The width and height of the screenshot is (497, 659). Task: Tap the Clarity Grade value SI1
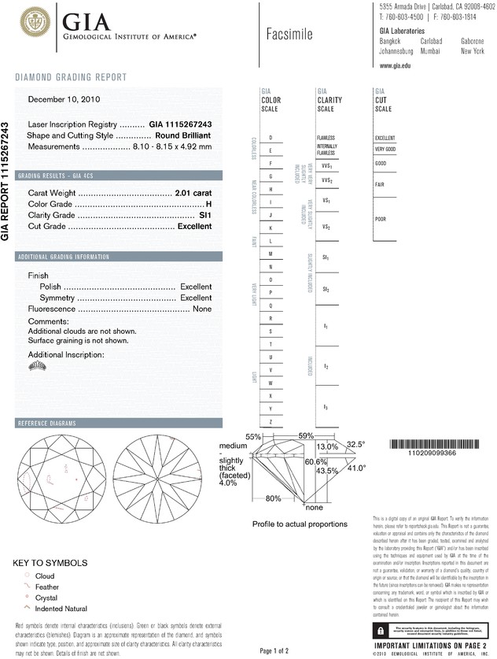pyautogui.click(x=206, y=215)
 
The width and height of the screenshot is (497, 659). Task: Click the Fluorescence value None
pyautogui.click(x=202, y=309)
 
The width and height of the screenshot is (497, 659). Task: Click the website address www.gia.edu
pyautogui.click(x=396, y=67)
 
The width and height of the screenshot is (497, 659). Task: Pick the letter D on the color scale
pyautogui.click(x=271, y=138)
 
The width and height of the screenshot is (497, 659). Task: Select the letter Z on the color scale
pyautogui.click(x=271, y=422)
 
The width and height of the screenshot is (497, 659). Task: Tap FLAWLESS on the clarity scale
pyautogui.click(x=326, y=138)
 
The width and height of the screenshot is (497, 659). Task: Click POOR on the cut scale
pyautogui.click(x=381, y=219)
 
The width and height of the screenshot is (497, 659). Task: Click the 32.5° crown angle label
pyautogui.click(x=356, y=444)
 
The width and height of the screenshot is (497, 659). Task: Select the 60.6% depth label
pyautogui.click(x=315, y=462)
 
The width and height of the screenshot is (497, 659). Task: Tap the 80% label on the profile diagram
pyautogui.click(x=274, y=498)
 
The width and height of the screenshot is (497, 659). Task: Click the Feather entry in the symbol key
pyautogui.click(x=46, y=587)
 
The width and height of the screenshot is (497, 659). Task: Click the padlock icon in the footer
pyautogui.click(x=381, y=631)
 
